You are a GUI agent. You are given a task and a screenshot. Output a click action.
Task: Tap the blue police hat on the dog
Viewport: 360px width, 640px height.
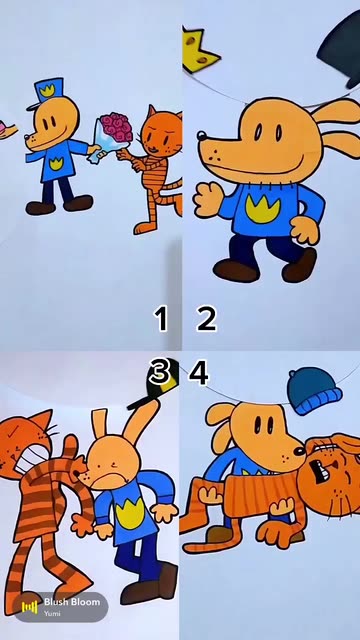point(46,93)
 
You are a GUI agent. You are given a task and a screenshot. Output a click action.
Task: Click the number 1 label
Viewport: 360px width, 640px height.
point(161,319)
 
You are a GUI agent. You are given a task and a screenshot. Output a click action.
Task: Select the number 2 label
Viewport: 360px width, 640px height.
point(207,319)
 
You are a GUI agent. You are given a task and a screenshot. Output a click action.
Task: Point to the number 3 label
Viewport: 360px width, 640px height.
point(159,372)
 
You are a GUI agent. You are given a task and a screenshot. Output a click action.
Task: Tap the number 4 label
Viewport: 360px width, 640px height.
point(199,372)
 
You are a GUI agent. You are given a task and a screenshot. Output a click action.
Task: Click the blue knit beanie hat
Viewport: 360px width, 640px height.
point(314,391)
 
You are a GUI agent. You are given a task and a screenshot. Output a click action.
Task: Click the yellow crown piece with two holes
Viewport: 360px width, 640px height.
point(198,51)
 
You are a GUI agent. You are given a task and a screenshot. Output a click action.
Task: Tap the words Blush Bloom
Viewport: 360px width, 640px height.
point(72,602)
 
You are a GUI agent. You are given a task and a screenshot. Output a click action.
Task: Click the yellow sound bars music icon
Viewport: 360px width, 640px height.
point(29,607)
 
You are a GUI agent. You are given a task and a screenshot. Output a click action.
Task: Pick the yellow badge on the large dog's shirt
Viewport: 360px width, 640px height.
point(263,209)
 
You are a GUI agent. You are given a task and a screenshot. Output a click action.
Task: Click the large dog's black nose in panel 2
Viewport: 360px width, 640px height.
point(201,135)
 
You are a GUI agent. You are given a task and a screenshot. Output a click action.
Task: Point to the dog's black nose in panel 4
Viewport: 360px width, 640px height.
point(300,451)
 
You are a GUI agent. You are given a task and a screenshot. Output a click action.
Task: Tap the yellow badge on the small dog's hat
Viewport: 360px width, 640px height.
point(47,90)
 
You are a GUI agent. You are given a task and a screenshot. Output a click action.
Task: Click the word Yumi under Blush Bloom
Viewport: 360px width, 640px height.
point(51,613)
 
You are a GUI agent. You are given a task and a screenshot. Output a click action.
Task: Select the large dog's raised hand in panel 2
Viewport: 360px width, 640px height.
point(208,200)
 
